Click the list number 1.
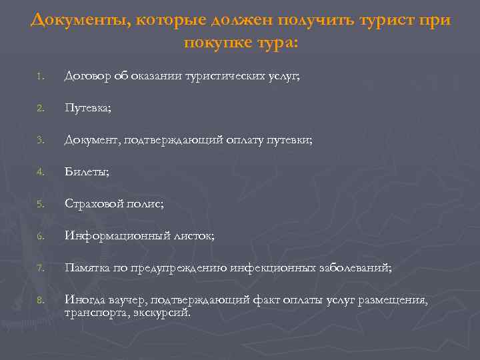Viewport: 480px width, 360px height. click(x=40, y=77)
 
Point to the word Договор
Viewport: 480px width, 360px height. click(x=87, y=77)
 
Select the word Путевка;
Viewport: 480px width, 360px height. click(x=87, y=108)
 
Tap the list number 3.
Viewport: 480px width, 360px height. click(x=40, y=141)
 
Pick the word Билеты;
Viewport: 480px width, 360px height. click(x=87, y=172)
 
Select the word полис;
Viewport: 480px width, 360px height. click(x=145, y=204)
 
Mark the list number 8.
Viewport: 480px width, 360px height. click(x=40, y=300)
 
